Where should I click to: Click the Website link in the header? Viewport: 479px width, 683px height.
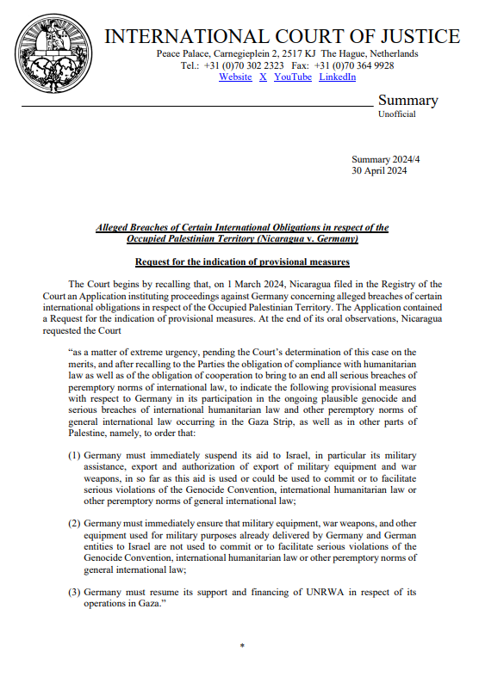235,77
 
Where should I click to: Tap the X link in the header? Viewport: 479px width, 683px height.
263,77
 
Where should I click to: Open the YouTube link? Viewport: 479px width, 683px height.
293,77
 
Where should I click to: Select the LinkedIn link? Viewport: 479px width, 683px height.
337,77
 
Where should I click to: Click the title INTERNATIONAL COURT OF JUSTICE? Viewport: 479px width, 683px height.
283,37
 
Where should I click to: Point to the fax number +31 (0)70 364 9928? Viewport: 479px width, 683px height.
358,65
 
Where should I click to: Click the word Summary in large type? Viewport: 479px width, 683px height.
407,100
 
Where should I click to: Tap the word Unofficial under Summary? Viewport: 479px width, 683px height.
396,114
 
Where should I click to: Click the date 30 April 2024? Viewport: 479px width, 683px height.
380,171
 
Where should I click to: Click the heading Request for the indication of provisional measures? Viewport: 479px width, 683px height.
242,262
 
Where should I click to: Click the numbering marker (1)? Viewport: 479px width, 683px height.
75,454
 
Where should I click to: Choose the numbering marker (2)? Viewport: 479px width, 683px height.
75,522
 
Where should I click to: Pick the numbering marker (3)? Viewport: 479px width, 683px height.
75,591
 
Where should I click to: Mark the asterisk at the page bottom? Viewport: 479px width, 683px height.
242,646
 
